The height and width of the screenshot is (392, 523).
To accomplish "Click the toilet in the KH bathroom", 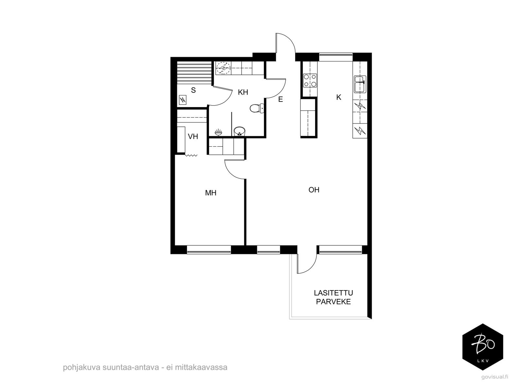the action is coord(257,108).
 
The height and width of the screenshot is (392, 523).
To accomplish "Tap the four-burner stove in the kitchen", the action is coord(310,80).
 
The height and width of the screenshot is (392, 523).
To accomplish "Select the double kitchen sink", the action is coord(360,84).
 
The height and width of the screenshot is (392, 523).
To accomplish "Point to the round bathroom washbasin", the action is coord(239,131).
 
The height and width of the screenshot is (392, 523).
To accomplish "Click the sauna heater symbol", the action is coord(182,100).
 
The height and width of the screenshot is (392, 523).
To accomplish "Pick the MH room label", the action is coord(211,193).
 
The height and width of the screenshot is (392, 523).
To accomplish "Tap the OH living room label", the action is coord(314,190).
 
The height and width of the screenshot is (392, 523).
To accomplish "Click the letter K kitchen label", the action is coord(339,97).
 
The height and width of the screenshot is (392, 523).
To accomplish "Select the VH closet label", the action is coord(193,136).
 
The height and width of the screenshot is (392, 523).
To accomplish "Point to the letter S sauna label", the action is coord(193,90).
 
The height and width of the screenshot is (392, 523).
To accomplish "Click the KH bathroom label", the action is coord(243,92).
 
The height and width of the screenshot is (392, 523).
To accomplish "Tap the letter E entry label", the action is coord(280,99).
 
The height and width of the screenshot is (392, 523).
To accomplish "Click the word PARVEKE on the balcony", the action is coord(333,302).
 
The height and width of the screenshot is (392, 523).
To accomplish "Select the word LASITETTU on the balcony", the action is coord(333,292).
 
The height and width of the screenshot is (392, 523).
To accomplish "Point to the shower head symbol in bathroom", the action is coord(218,132).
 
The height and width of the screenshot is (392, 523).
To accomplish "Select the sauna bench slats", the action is coord(194,73).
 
